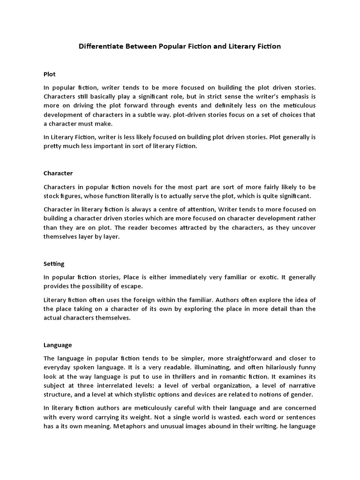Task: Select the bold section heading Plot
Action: pos(50,74)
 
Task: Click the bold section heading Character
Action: pos(58,173)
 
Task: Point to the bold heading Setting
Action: pos(54,264)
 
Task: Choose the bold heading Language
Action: pos(58,345)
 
